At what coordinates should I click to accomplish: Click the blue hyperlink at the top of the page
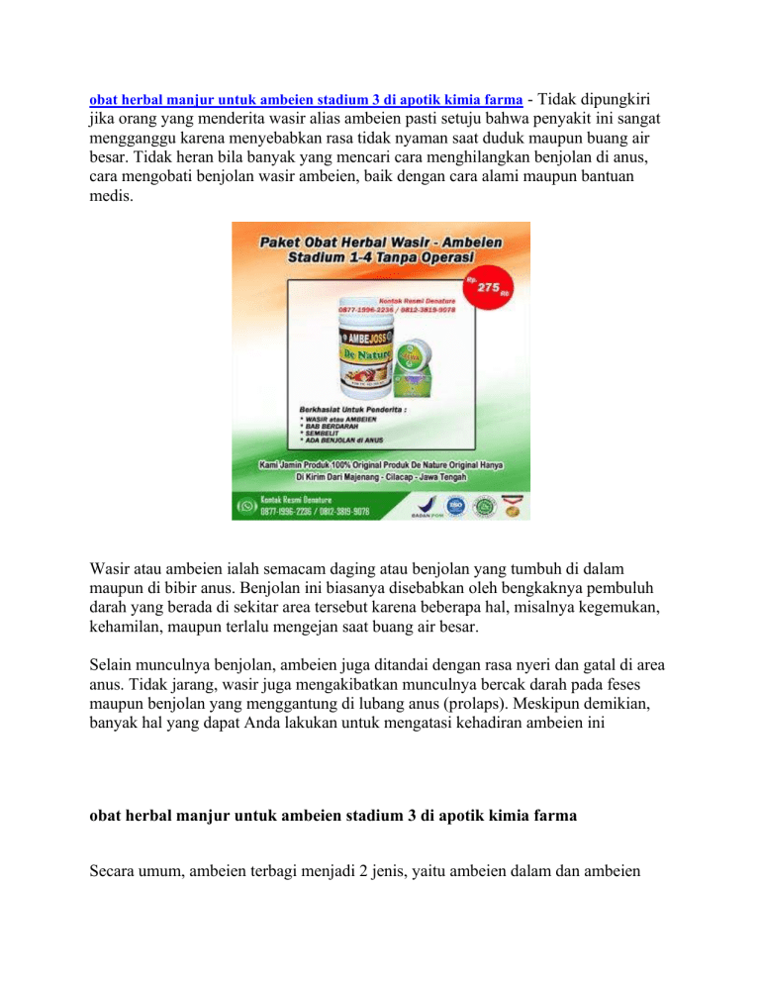click(306, 101)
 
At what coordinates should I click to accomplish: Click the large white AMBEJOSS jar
click(340, 356)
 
